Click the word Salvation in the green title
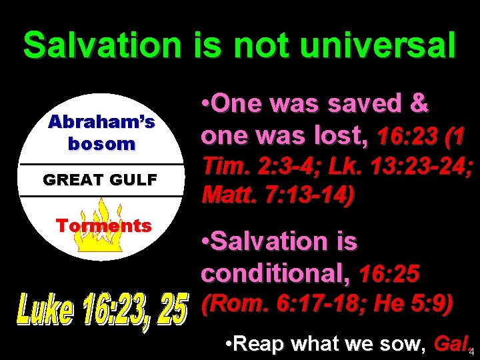102,45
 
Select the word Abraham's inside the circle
101,123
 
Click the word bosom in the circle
101,143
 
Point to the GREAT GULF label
100,179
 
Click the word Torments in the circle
104,225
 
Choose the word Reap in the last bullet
260,345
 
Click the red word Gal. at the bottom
450,345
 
